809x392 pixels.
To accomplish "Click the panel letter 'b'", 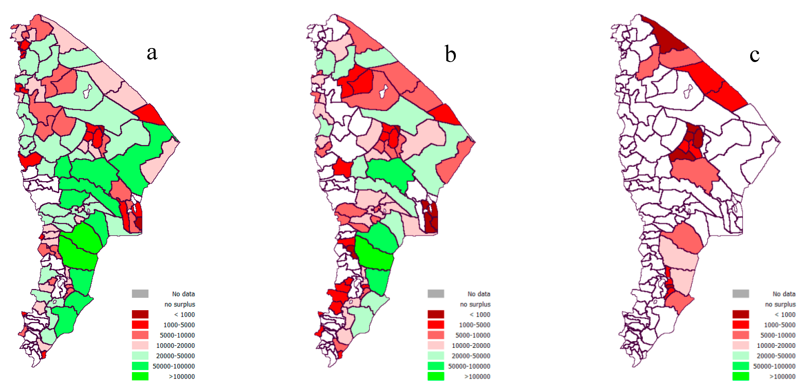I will point(450,54).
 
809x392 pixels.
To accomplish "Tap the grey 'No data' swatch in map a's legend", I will point(140,294).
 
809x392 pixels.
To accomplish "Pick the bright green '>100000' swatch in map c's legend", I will point(741,376).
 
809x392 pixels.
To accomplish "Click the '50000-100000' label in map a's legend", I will point(174,366).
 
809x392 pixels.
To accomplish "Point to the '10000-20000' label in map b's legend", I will point(471,345).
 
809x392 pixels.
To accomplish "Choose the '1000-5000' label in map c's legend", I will point(780,325).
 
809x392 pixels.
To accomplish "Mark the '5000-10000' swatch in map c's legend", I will point(741,335).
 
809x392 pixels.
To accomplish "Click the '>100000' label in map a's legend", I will point(182,377).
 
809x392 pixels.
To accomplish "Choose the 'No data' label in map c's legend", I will point(784,294).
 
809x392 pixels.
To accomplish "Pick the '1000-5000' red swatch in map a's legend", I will point(140,325).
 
